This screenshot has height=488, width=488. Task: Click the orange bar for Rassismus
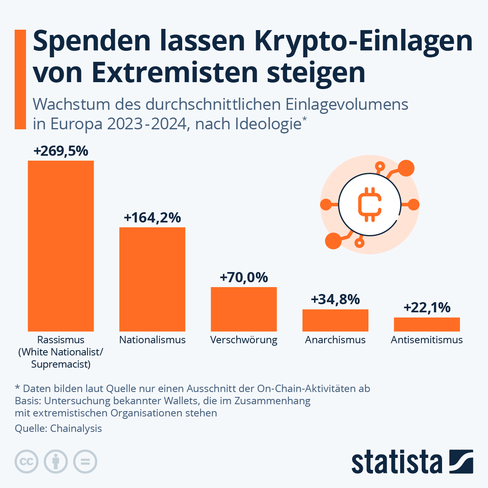point(61,246)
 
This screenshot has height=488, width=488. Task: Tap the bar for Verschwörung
point(244,309)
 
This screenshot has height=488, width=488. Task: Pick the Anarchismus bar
point(335,320)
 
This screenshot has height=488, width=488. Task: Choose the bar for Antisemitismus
point(427,325)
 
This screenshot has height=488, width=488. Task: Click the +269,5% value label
point(61,151)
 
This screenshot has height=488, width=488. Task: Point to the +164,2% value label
point(152,218)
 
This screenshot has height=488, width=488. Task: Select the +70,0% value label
point(244,278)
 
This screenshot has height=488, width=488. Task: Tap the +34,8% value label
point(335,300)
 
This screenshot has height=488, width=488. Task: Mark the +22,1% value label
point(427,308)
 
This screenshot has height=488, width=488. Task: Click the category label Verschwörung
point(244,340)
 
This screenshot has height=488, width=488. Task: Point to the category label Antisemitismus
point(427,340)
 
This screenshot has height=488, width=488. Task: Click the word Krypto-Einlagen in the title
point(364,41)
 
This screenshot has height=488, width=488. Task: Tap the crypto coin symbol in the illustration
point(369,204)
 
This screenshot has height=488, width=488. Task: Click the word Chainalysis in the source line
point(76,428)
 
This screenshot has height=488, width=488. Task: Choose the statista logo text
point(396,462)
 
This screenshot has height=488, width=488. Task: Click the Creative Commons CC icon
point(26,462)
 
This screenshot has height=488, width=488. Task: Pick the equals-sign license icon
point(85,462)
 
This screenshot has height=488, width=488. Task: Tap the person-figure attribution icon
point(56,462)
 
